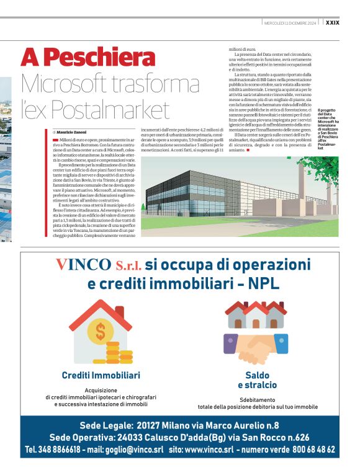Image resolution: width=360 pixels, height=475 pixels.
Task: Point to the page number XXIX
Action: [x=332, y=23]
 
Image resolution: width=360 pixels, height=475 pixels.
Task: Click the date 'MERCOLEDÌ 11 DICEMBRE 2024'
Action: [x=290, y=23]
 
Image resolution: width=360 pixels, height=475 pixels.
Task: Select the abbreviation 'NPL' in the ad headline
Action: [x=264, y=284]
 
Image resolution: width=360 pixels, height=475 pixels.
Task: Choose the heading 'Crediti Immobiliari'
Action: [x=101, y=375]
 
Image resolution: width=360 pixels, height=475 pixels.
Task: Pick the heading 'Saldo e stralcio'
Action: [x=257, y=380]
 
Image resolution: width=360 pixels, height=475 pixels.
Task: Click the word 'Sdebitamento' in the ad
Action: [x=257, y=400]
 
